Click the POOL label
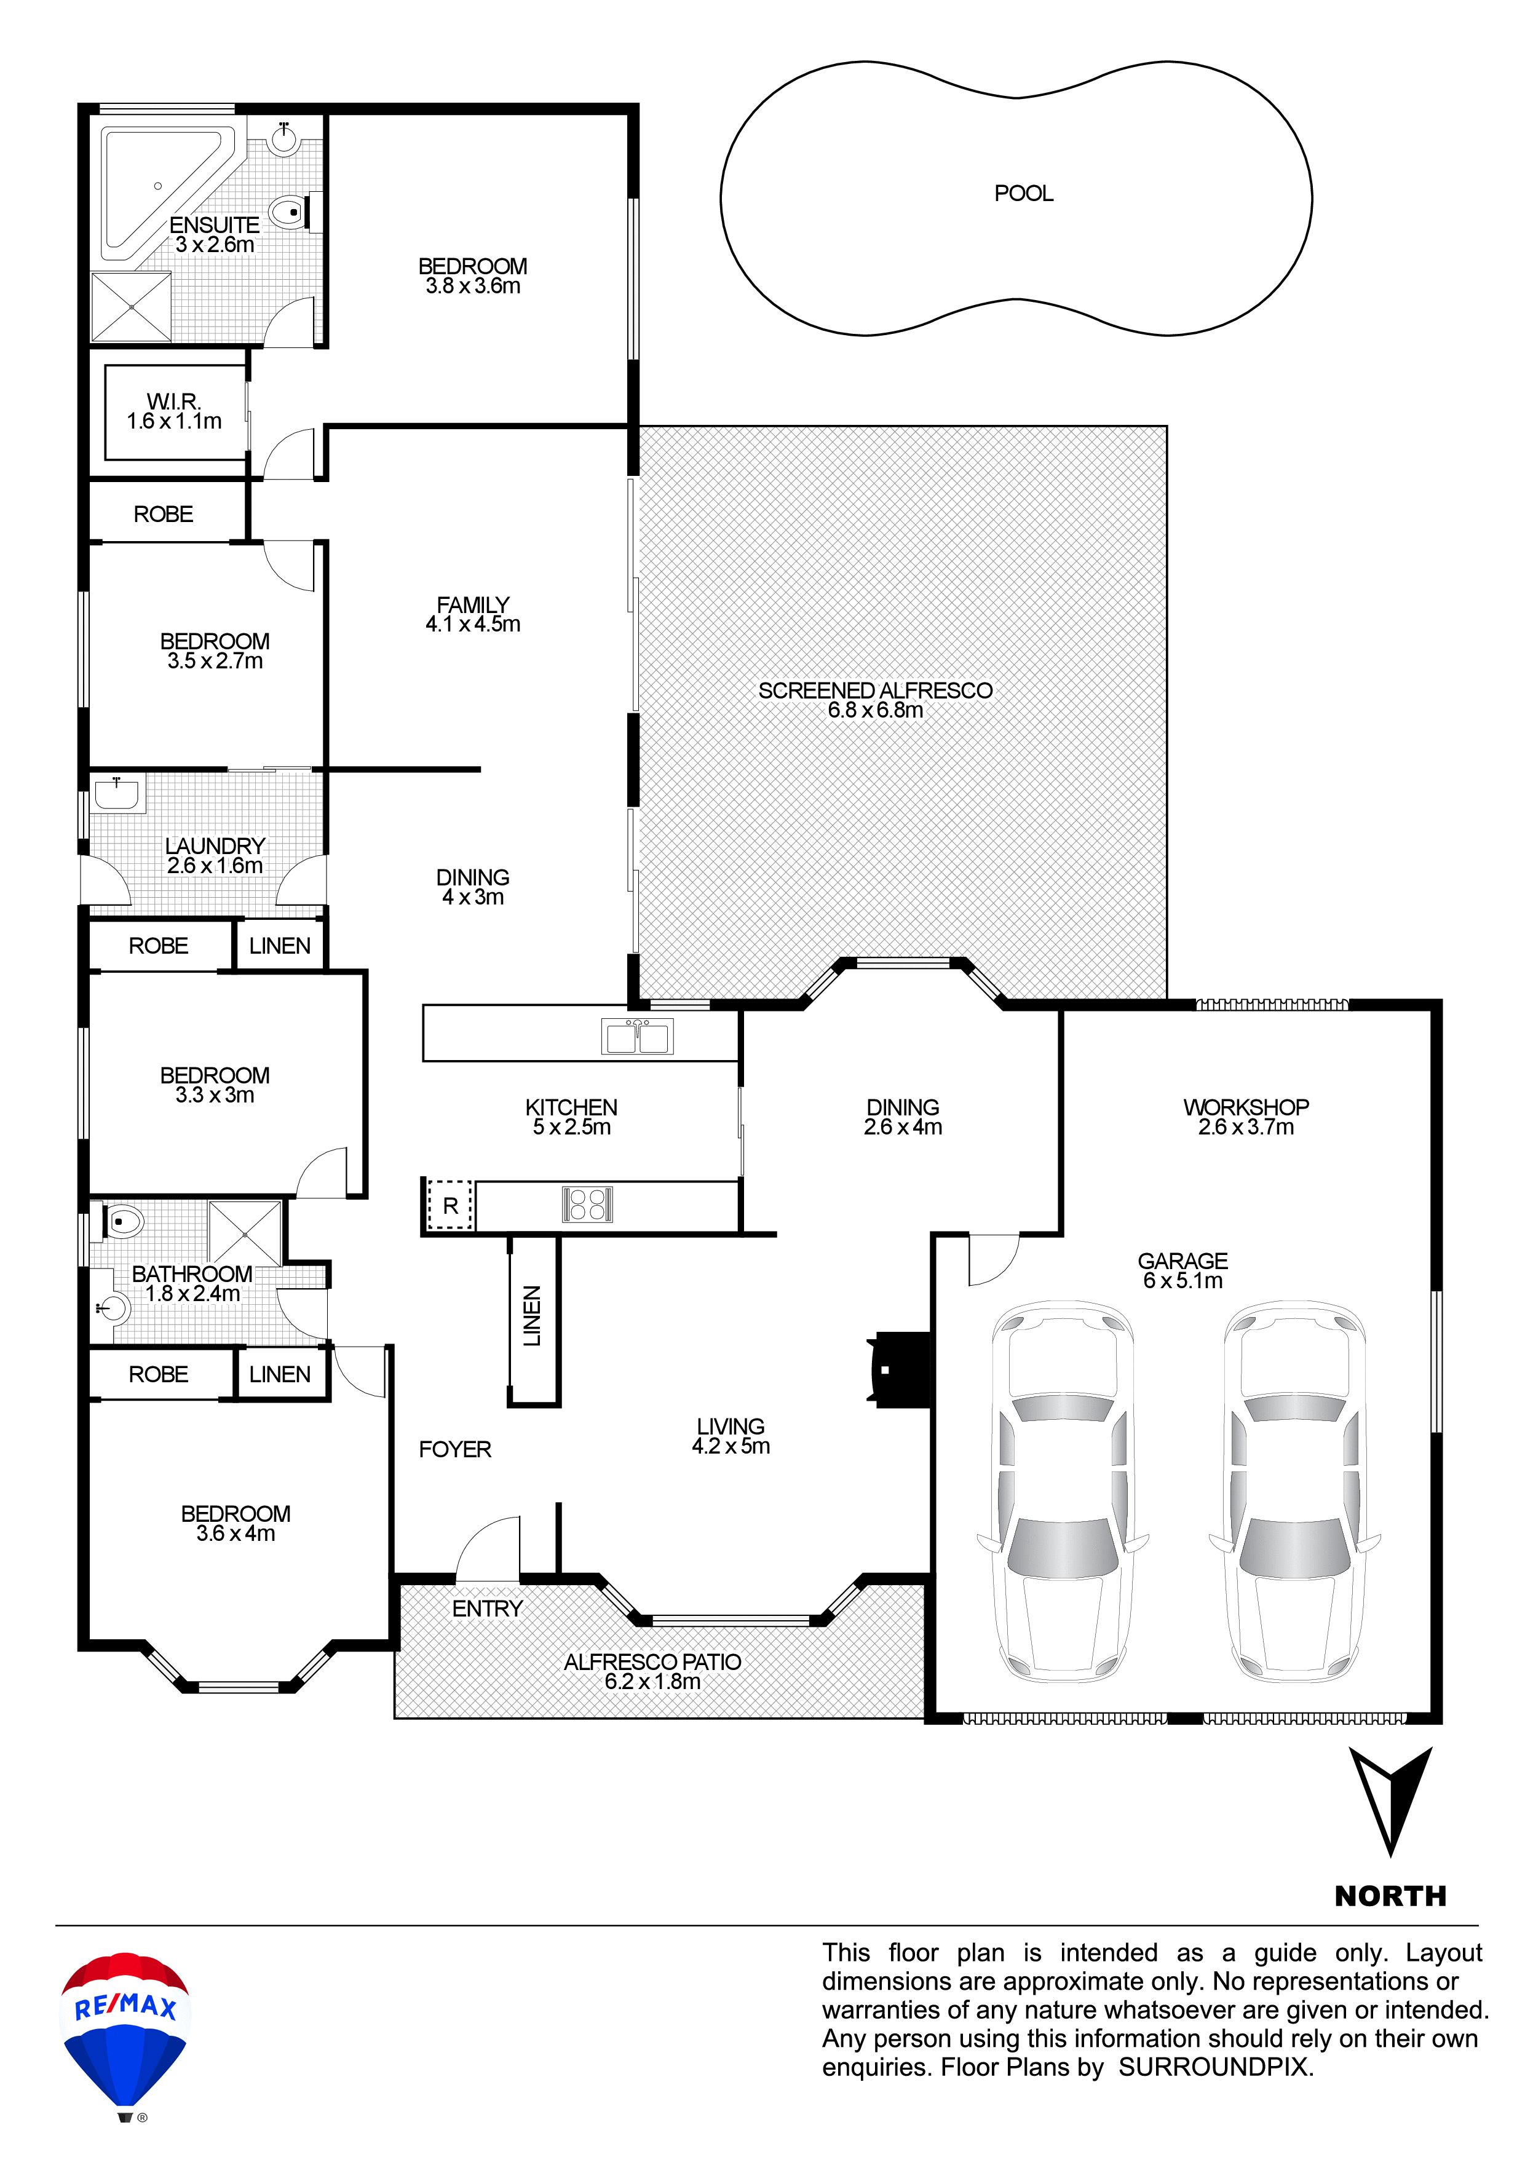[1023, 194]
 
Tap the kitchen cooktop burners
[587, 1205]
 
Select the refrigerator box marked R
[450, 1205]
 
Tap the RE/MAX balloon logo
[125, 2034]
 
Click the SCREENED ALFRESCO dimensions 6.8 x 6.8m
[875, 711]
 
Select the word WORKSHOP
[1246, 1107]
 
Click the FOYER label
[455, 1450]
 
